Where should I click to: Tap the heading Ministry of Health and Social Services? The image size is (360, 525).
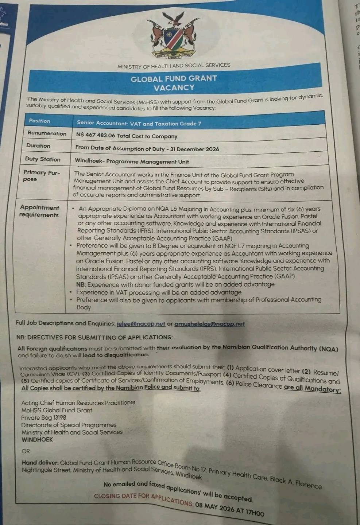click(x=174, y=66)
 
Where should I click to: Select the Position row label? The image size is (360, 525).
click(x=40, y=121)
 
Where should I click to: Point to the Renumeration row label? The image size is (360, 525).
click(x=47, y=133)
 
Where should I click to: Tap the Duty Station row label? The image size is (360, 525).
click(x=43, y=159)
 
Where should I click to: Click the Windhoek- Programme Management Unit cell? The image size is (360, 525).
click(x=132, y=161)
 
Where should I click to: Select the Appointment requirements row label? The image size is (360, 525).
click(x=39, y=211)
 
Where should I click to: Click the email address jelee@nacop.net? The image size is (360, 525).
click(x=141, y=323)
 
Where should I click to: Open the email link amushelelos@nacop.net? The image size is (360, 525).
click(x=209, y=324)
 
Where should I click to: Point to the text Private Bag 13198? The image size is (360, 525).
click(x=44, y=417)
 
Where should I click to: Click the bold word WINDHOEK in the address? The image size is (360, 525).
click(x=37, y=440)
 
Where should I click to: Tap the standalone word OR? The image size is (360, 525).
click(x=26, y=451)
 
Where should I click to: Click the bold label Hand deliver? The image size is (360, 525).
click(x=40, y=463)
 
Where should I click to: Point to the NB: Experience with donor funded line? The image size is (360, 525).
click(x=175, y=284)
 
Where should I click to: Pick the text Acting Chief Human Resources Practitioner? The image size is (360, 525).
click(x=78, y=403)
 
